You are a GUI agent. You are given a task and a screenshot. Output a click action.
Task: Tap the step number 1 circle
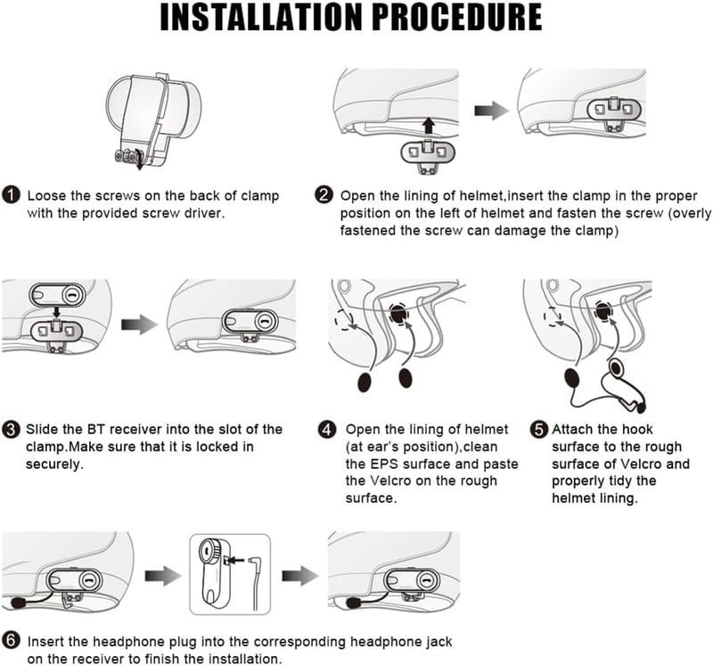pos(11,195)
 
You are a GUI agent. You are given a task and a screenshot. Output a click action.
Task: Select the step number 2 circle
pos(324,195)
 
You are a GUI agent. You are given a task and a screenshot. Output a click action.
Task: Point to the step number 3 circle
pos(11,430)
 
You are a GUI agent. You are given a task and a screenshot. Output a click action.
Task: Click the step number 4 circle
pos(327,430)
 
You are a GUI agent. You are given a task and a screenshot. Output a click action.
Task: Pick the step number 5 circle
pos(539,430)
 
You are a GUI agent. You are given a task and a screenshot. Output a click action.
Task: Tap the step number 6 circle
pos(11,641)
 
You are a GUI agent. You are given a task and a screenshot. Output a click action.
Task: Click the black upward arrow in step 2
pos(428,126)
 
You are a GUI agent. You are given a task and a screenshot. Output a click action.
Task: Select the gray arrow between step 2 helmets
pos(491,111)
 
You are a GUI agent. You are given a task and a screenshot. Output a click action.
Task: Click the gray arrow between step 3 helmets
pos(139,325)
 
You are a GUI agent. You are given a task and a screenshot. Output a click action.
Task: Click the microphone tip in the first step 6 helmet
pos(19,604)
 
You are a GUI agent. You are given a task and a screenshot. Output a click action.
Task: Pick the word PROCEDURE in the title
pos(457,18)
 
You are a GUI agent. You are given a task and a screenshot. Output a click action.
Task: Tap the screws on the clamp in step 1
pos(127,156)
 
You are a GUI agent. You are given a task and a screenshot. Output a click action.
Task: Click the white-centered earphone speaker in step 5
pos(617,367)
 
